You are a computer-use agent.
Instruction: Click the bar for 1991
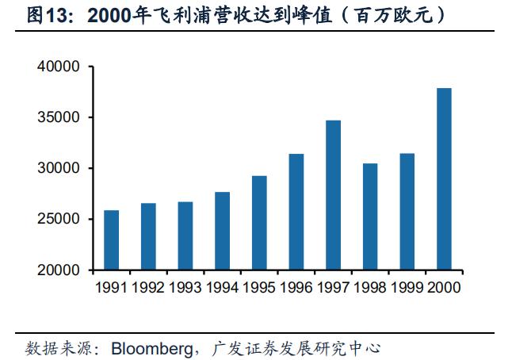pyautogui.click(x=111, y=240)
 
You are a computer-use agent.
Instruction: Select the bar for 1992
pyautogui.click(x=148, y=236)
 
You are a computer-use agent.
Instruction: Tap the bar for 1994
pyautogui.click(x=222, y=231)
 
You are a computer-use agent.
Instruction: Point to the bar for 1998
pyautogui.click(x=370, y=216)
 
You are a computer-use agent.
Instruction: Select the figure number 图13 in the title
pyautogui.click(x=47, y=15)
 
